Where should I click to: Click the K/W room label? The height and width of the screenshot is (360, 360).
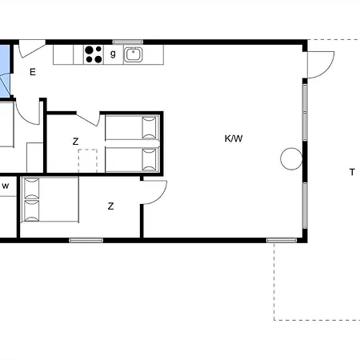tap(234, 138)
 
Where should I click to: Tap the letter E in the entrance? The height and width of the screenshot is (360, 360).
tap(33, 72)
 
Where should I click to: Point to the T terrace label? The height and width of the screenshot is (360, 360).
tap(352, 172)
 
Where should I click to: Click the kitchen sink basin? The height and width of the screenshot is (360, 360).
tap(134, 54)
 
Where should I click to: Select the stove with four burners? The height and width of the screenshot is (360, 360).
tap(94, 54)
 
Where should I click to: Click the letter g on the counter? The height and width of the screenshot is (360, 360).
tap(113, 54)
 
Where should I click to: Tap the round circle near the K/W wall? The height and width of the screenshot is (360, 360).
tap(291, 159)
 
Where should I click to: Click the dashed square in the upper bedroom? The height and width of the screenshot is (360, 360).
tap(87, 161)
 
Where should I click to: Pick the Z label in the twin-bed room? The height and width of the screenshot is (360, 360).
tap(75, 141)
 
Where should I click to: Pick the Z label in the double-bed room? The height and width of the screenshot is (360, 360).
tap(110, 206)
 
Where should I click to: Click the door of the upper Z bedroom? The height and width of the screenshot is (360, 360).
tap(88, 119)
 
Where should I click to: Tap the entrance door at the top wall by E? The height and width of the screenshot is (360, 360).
tap(31, 49)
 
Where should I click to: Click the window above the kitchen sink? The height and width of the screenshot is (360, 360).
tap(128, 42)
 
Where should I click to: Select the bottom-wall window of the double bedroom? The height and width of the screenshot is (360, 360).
tap(86, 240)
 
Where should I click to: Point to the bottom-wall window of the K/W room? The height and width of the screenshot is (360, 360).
tap(282, 240)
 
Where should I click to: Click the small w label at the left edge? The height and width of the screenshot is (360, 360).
tap(6, 186)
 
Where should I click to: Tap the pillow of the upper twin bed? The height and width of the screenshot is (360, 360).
tap(149, 127)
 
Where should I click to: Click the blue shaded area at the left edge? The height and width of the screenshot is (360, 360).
tap(5, 71)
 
